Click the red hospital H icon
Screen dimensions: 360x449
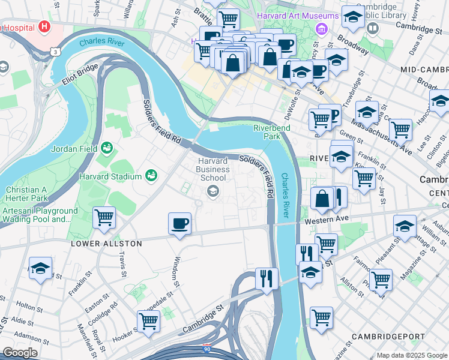43,26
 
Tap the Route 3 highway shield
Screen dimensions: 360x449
55,52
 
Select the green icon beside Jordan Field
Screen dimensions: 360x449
107,147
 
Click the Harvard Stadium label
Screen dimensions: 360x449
110,176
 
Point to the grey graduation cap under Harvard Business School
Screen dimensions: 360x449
212,191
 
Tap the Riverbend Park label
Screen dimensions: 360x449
272,132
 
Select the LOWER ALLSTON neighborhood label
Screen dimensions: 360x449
106,244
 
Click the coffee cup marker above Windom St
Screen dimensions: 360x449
179,224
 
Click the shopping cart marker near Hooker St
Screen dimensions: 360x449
148,321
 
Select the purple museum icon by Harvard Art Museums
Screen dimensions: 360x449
322,28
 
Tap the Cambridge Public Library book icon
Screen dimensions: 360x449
372,28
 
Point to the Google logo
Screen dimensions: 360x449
20,353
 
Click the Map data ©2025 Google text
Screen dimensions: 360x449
411,355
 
